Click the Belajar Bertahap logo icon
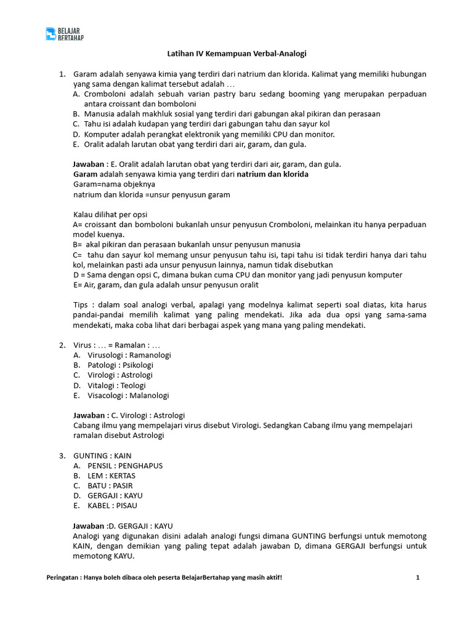51,34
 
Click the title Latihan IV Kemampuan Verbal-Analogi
237,54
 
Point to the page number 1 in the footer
418,578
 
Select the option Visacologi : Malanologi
128,395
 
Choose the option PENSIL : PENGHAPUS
125,466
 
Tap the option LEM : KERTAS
111,476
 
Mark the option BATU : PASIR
110,485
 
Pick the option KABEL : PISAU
113,506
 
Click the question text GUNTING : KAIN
102,456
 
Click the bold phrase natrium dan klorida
273,174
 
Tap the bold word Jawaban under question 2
89,415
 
